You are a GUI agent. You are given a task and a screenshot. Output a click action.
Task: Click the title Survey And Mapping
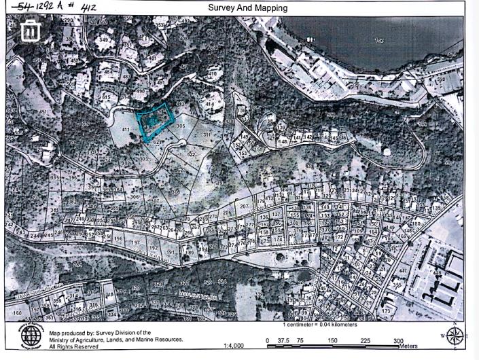tap(247, 8)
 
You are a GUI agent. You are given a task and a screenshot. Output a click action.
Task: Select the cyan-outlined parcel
tap(155, 122)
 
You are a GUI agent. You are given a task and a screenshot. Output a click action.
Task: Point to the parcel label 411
tap(125, 129)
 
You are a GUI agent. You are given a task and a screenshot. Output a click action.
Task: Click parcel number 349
tap(103, 40)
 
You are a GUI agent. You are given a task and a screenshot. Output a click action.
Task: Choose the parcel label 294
tap(20, 77)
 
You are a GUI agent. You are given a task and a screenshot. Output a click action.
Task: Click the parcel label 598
tap(440, 80)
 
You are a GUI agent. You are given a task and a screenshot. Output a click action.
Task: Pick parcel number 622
tap(191, 154)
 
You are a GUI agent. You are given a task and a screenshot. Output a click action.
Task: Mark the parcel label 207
tap(243, 205)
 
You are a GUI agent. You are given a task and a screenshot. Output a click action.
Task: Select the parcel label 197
tap(135, 242)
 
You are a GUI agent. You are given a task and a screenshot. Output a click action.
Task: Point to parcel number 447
tap(404, 271)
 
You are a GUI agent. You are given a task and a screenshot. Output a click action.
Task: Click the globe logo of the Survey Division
tap(31, 336)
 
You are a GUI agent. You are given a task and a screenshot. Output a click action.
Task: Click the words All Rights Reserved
tap(73, 346)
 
